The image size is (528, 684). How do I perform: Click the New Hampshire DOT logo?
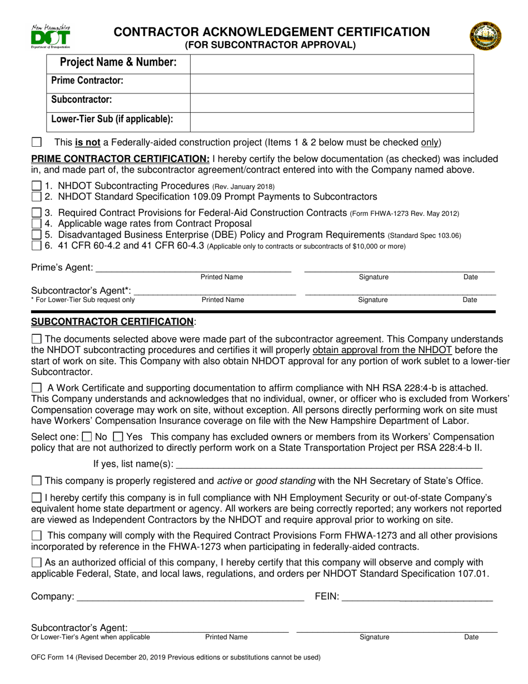(51, 37)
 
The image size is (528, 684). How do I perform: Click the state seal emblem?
(485, 37)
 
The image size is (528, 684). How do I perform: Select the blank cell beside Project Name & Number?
(332, 63)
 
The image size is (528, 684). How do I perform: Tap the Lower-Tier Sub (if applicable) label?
(112, 119)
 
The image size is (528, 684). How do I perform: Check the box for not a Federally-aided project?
(37, 142)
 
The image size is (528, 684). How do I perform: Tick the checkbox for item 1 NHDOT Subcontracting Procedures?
(36, 186)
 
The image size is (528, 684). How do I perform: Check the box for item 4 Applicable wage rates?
(36, 224)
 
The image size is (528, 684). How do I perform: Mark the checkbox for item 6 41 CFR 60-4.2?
(36, 245)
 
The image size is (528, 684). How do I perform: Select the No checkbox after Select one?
(87, 437)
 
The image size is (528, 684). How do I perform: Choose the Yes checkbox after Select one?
(118, 437)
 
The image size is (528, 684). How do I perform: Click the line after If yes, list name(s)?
(328, 463)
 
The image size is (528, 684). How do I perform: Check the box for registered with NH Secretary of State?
(37, 480)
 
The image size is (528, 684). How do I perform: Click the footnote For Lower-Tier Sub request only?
(83, 300)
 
